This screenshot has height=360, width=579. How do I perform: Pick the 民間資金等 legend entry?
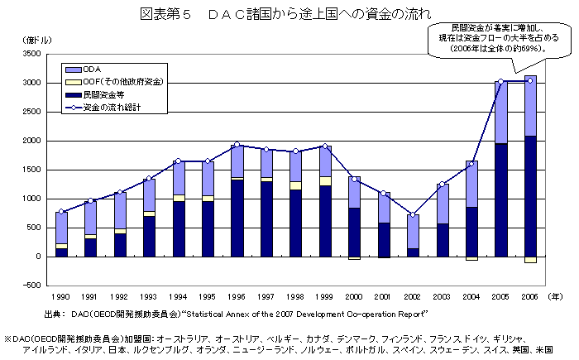click(103, 95)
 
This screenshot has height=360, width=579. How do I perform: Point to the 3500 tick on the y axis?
click(31, 54)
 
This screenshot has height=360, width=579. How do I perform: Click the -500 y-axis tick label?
click(31, 286)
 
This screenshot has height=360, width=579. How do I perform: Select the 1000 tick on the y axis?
click(31, 199)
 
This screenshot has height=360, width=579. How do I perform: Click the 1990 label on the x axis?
click(61, 295)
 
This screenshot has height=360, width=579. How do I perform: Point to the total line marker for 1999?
click(323, 146)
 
